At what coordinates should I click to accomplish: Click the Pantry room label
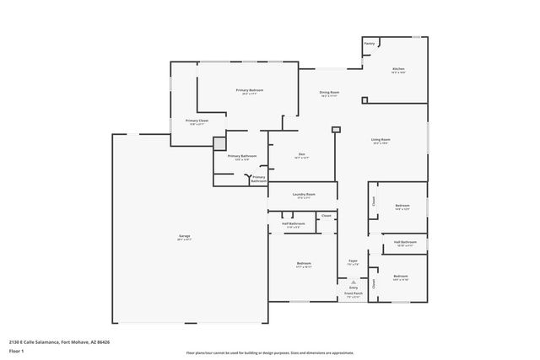(x=369, y=43)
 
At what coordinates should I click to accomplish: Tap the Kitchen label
(x=398, y=68)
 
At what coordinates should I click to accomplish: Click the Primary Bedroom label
(x=248, y=89)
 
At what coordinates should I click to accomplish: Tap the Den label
(x=300, y=154)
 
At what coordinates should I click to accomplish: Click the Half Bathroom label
(x=293, y=223)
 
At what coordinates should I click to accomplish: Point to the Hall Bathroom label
(x=405, y=242)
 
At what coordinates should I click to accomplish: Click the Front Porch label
(x=354, y=293)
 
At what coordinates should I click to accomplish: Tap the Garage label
(x=184, y=235)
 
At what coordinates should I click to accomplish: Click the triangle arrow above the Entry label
(x=354, y=282)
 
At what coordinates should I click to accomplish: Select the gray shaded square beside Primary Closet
(x=219, y=143)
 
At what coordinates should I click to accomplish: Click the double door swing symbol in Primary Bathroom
(x=248, y=177)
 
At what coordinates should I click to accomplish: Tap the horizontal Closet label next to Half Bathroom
(x=327, y=216)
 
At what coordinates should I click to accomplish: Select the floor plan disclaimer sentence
(x=270, y=352)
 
